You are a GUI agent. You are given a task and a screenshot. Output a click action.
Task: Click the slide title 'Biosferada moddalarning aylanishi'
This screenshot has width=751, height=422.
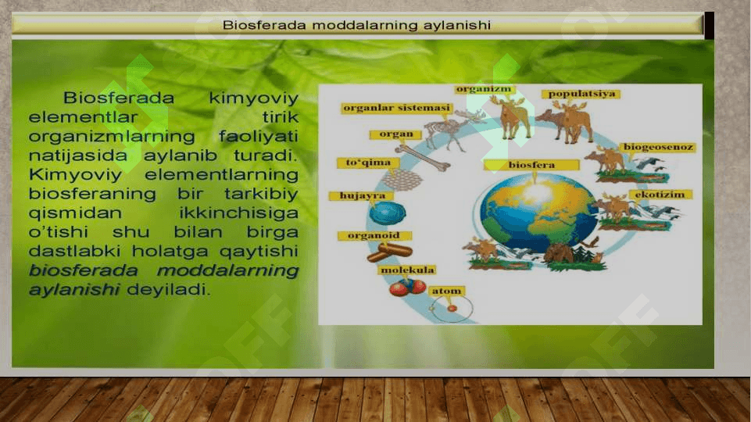[x=357, y=25]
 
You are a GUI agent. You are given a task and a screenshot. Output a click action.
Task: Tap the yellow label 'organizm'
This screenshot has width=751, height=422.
[x=484, y=89]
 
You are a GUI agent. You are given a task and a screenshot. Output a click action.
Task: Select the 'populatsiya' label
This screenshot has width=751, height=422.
[x=581, y=94]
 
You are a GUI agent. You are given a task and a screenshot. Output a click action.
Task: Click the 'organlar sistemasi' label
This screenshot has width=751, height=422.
[x=397, y=109]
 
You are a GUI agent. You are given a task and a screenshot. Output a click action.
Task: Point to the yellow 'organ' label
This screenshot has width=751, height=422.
[x=395, y=134]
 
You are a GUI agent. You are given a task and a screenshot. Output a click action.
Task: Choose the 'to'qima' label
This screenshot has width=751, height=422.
[x=368, y=163]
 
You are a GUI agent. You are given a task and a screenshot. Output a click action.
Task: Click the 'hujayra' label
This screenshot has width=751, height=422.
[x=362, y=196]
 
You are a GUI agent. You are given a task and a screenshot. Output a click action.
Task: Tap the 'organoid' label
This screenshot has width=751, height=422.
[x=374, y=236]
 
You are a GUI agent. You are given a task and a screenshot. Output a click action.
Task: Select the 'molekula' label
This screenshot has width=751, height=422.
[x=407, y=270]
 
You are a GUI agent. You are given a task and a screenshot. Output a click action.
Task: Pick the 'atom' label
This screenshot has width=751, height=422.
[x=447, y=291]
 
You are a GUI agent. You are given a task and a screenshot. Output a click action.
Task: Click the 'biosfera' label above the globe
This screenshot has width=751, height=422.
[x=531, y=165]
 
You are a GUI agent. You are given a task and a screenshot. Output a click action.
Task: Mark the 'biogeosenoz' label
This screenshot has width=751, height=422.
[x=658, y=147]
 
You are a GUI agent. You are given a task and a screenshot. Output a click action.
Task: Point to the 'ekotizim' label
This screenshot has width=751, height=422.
[x=660, y=195]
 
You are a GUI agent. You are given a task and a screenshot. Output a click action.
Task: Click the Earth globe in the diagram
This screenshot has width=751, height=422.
[x=535, y=213]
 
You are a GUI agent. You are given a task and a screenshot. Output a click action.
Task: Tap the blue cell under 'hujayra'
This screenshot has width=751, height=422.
[x=388, y=213]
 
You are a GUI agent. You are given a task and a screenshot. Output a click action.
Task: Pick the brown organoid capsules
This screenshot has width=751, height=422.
[x=389, y=252]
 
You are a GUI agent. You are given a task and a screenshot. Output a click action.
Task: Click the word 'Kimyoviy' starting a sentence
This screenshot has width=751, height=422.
[x=76, y=175]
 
